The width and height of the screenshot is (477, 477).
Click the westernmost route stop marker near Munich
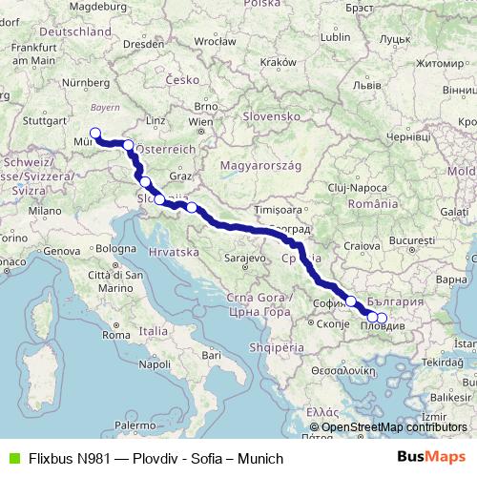click(x=95, y=134)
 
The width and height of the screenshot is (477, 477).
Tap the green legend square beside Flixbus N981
click(x=11, y=458)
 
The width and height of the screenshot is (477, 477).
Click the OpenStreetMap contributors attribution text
click(x=398, y=427)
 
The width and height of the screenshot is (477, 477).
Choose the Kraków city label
click(x=279, y=61)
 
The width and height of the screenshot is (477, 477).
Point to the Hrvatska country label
click(x=173, y=251)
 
